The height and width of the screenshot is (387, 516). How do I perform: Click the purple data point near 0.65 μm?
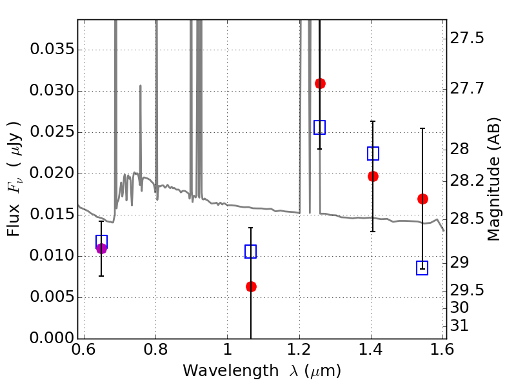tap(102, 248)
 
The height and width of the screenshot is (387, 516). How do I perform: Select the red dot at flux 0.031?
tap(320, 84)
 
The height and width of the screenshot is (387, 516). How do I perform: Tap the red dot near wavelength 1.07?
tap(251, 286)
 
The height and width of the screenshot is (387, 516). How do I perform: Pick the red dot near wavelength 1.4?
tap(373, 176)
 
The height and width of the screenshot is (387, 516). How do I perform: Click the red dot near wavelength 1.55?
tap(423, 199)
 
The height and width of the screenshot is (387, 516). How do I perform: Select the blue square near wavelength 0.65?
tap(101, 242)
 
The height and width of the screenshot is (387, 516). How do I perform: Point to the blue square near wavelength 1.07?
tap(250, 252)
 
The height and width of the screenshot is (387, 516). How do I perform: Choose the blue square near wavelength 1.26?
tap(319, 127)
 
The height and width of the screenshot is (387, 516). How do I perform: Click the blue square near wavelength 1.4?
tap(373, 154)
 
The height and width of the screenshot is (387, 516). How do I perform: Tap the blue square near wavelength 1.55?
tap(422, 268)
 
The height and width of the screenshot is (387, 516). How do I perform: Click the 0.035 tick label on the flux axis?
tap(52, 50)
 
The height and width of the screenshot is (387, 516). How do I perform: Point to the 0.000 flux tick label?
tap(52, 338)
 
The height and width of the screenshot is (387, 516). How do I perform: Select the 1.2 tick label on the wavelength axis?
tap(299, 350)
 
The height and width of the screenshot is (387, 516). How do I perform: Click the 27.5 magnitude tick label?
tap(467, 38)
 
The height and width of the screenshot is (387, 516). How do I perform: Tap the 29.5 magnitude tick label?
tap(467, 290)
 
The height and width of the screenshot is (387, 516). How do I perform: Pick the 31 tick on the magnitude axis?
tap(459, 326)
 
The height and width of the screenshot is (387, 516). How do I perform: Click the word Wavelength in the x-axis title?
tap(231, 371)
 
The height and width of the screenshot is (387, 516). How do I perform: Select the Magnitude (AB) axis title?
tap(493, 179)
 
